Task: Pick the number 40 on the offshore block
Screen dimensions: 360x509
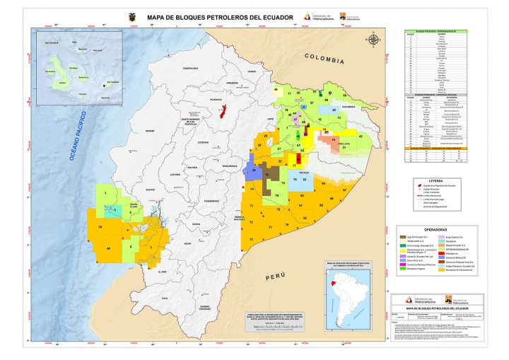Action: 108,248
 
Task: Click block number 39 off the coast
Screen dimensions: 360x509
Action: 100,226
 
